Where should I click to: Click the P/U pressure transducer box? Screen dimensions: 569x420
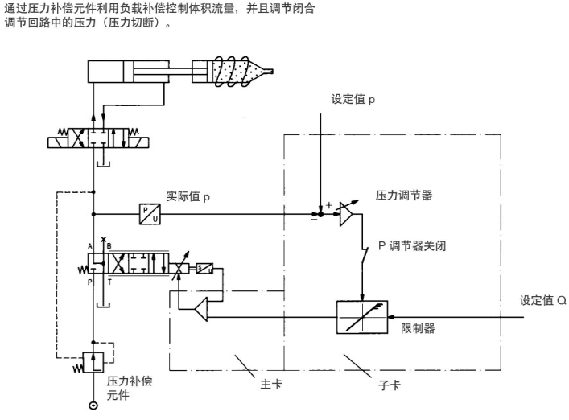click(x=150, y=214)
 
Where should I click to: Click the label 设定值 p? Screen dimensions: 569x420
click(x=353, y=99)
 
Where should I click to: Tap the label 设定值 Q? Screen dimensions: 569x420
click(x=543, y=300)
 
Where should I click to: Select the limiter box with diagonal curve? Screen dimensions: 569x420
click(x=362, y=317)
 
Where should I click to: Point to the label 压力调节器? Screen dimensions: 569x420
click(x=404, y=196)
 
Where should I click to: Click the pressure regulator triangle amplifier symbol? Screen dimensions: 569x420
click(x=346, y=214)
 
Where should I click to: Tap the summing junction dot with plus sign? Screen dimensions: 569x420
click(x=320, y=214)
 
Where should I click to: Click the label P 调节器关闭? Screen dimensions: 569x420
click(x=412, y=246)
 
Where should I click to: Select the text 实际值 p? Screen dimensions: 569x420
click(x=188, y=196)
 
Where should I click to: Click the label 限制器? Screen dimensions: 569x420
click(x=418, y=328)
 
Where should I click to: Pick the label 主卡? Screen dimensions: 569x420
click(x=271, y=384)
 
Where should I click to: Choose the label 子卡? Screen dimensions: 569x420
click(x=389, y=385)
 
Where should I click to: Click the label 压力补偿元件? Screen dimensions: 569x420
click(x=130, y=388)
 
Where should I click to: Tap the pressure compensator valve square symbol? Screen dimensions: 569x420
click(x=93, y=362)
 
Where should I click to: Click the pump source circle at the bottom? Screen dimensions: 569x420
click(x=93, y=406)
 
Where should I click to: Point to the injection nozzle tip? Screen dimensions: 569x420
click(x=270, y=72)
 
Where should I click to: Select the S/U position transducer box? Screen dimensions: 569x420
click(x=204, y=269)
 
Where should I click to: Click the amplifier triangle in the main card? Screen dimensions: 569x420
click(x=201, y=310)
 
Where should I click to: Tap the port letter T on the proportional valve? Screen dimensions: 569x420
click(x=110, y=282)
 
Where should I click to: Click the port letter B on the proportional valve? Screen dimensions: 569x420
click(x=109, y=246)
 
